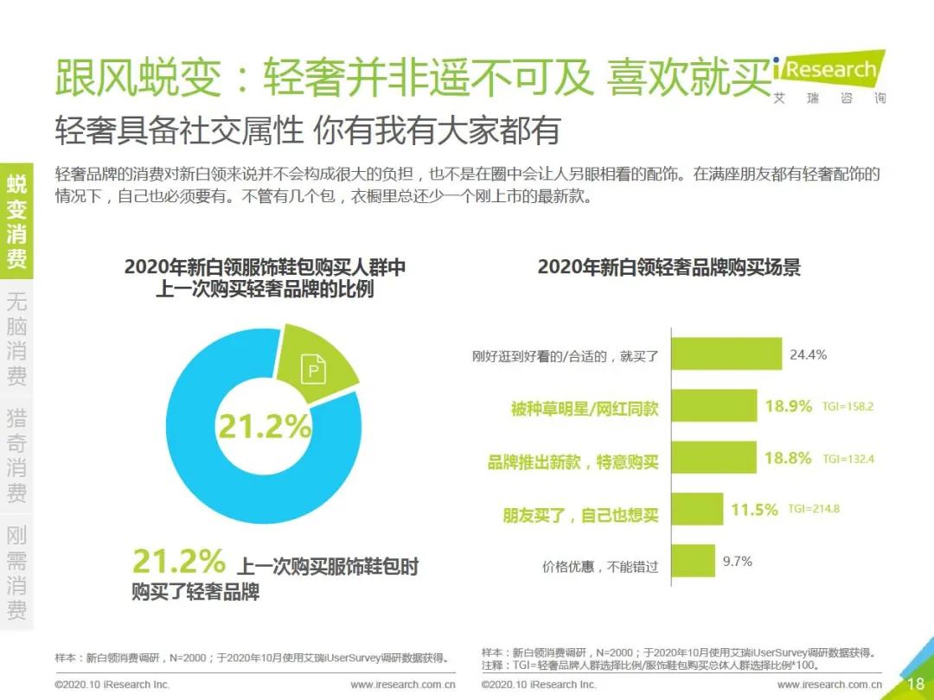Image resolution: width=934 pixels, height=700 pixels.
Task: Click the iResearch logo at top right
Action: [828, 76]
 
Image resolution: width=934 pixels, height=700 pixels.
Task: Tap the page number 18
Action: [915, 684]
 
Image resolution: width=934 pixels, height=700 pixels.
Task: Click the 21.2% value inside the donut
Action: [264, 426]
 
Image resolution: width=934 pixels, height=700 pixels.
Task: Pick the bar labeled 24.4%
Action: [727, 355]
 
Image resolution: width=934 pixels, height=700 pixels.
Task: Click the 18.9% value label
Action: [788, 406]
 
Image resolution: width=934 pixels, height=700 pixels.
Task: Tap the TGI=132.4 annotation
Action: [848, 458]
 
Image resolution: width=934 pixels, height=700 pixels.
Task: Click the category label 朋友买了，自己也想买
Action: [580, 515]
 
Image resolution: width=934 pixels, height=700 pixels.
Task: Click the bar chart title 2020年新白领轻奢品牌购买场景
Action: [669, 267]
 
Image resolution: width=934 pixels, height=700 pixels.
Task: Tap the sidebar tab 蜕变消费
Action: [16, 221]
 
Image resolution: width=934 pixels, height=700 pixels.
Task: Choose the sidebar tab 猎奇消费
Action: [16, 456]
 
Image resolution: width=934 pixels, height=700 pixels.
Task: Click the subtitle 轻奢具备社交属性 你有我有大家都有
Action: [307, 130]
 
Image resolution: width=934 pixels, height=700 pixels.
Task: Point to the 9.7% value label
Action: [738, 561]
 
